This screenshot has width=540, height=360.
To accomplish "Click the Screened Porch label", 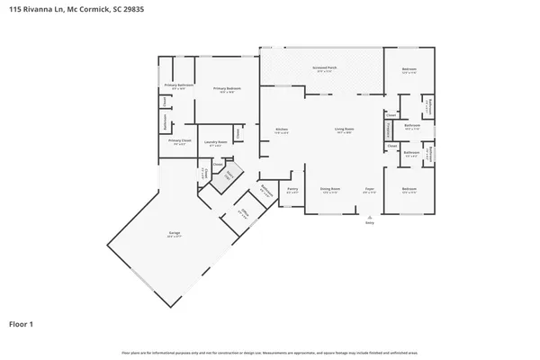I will [x=325, y=68].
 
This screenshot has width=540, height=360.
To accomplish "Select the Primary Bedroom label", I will [x=227, y=88].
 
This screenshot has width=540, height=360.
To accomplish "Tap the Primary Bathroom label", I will [x=175, y=85].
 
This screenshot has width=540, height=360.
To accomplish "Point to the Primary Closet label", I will [x=179, y=141].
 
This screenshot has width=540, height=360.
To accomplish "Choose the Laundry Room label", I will [x=214, y=141].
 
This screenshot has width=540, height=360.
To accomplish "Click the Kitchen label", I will [x=281, y=130].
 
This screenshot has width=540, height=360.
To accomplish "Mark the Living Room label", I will [x=345, y=130].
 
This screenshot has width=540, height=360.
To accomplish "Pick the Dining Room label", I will [x=328, y=189].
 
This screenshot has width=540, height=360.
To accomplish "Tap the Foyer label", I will [x=369, y=189].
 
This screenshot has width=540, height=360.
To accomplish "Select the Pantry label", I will [x=292, y=189].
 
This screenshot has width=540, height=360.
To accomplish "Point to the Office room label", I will [x=243, y=214].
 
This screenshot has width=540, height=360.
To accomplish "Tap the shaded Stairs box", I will [x=229, y=174].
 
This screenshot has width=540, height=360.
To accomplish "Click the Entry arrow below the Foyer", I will [x=369, y=217].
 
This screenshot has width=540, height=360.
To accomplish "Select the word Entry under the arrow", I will [x=369, y=223].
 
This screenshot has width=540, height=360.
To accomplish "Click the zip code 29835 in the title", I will [x=131, y=9].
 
